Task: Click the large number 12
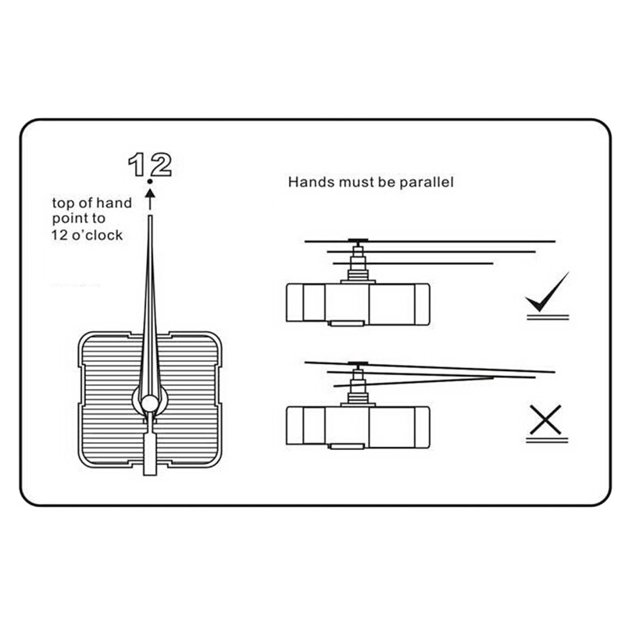pyautogui.click(x=150, y=164)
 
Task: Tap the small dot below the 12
pyautogui.click(x=150, y=181)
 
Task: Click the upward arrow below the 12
pyautogui.click(x=150, y=199)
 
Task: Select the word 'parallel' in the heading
pyautogui.click(x=427, y=182)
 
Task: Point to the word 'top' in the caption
pyautogui.click(x=63, y=203)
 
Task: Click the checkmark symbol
pyautogui.click(x=547, y=293)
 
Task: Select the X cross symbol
pyautogui.click(x=546, y=420)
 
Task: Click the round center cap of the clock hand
pyautogui.click(x=150, y=403)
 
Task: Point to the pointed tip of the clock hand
pyautogui.click(x=150, y=216)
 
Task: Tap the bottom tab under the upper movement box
pyautogui.click(x=347, y=323)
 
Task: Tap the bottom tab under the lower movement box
pyautogui.click(x=347, y=446)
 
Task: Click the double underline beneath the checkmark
pyautogui.click(x=548, y=317)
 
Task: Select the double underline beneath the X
pyautogui.click(x=547, y=440)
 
